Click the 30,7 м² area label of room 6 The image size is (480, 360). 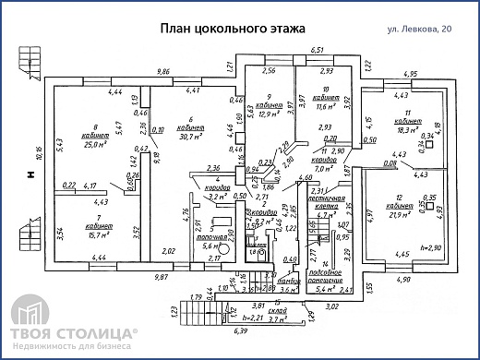point(189,137)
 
